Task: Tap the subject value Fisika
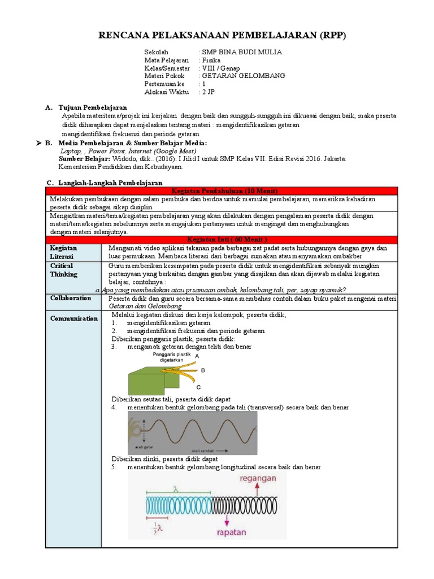[x=212, y=60]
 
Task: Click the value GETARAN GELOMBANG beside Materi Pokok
[x=244, y=76]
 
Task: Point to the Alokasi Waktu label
[x=166, y=92]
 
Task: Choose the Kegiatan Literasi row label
[x=64, y=252]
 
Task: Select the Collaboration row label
[x=71, y=298]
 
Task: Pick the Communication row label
[x=74, y=318]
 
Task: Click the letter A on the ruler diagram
[x=197, y=356]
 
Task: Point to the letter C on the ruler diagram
[x=198, y=387]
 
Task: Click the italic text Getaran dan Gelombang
[x=145, y=306]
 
